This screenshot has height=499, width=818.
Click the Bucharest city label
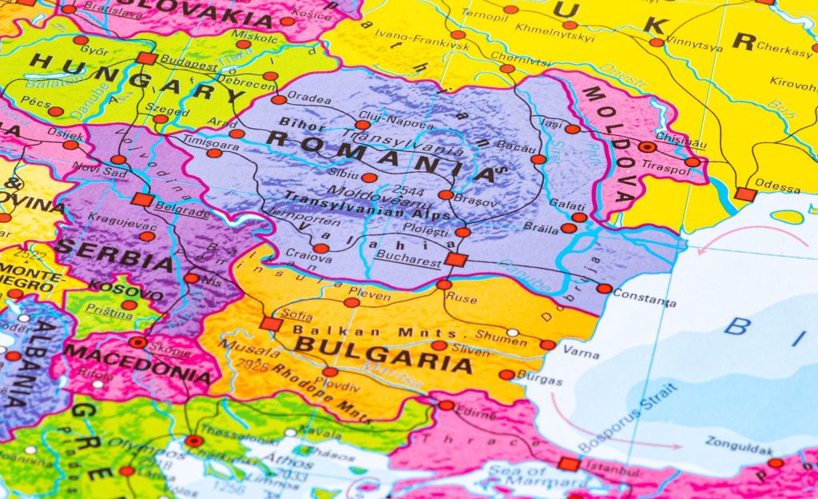(408, 261)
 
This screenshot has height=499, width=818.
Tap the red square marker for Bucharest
(455, 259)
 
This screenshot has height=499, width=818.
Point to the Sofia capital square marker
(271, 324)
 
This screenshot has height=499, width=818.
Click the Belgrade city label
(185, 212)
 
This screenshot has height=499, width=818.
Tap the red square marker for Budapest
(145, 58)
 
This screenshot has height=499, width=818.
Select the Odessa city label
(777, 189)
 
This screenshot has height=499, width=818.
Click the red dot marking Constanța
(604, 289)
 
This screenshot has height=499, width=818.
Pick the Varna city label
(581, 350)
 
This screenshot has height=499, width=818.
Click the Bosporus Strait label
(627, 418)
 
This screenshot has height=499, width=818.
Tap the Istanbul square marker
(569, 464)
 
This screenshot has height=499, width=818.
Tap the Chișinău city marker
(647, 147)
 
